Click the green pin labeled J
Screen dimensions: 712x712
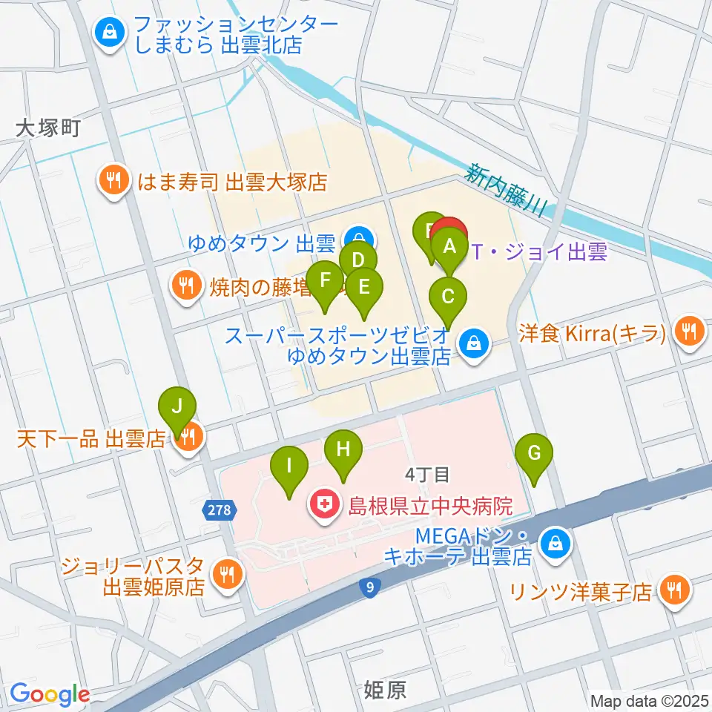[177, 408]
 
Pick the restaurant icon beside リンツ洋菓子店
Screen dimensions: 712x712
[676, 590]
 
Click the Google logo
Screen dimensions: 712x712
[50, 694]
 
